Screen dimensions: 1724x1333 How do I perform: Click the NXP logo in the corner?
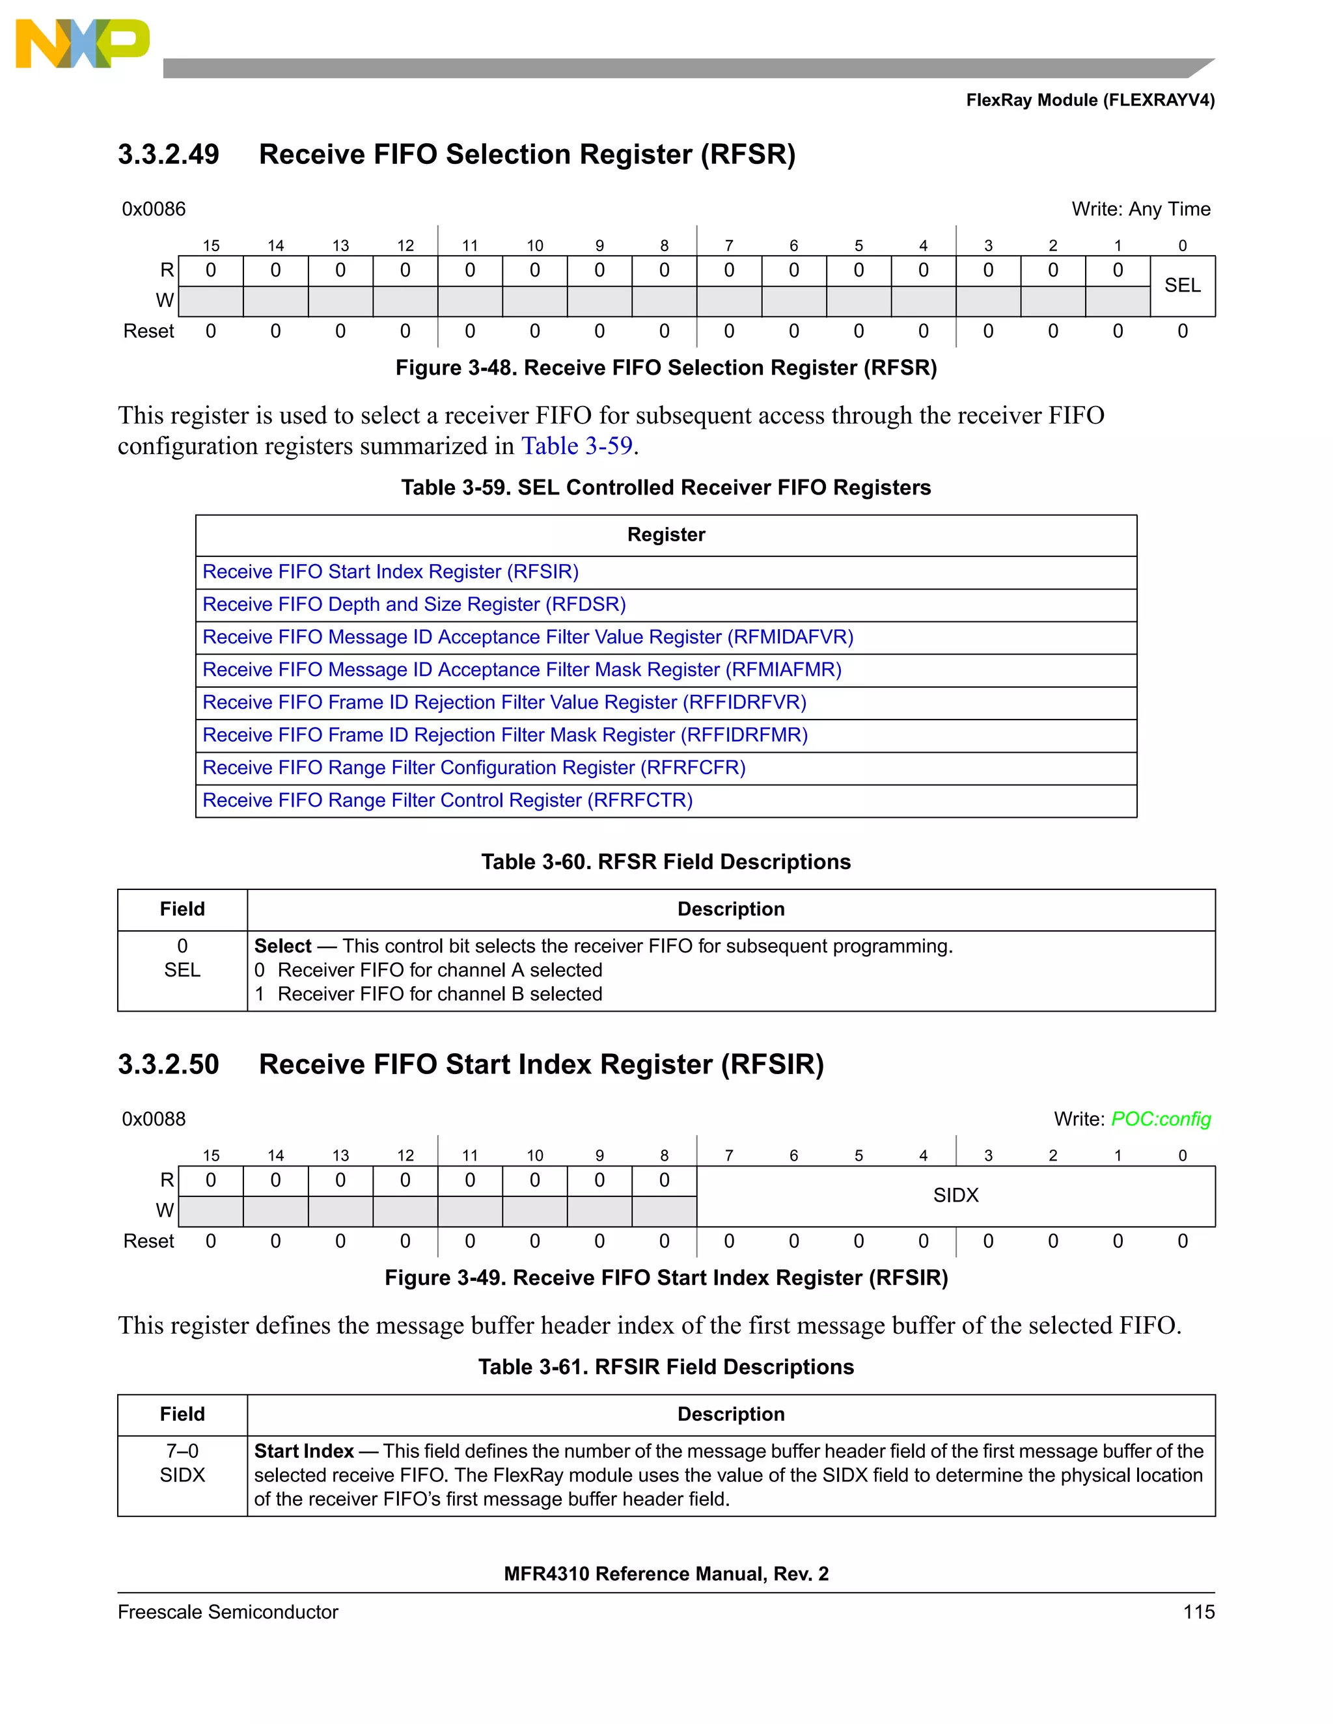(x=82, y=44)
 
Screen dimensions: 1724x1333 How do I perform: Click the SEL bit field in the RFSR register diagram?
(x=1182, y=286)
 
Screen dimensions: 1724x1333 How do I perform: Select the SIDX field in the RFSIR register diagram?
(x=955, y=1195)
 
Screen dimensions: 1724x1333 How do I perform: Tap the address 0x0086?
(x=154, y=209)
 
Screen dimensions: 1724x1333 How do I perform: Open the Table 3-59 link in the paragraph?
(x=577, y=446)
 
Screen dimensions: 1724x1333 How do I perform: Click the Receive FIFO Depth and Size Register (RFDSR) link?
(x=414, y=604)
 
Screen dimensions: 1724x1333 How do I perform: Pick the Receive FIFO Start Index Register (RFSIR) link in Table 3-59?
(x=390, y=571)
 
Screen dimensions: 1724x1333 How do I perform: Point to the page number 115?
(x=1198, y=1612)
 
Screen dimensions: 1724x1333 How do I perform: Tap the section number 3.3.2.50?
(x=168, y=1064)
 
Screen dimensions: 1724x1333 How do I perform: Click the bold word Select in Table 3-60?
(x=282, y=946)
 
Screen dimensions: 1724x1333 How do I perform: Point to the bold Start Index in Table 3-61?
(x=304, y=1451)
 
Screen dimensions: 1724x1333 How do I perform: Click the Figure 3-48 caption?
(x=666, y=368)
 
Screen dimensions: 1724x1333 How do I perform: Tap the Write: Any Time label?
(x=1140, y=209)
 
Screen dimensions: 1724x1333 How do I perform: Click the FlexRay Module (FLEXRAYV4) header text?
(x=1090, y=100)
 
